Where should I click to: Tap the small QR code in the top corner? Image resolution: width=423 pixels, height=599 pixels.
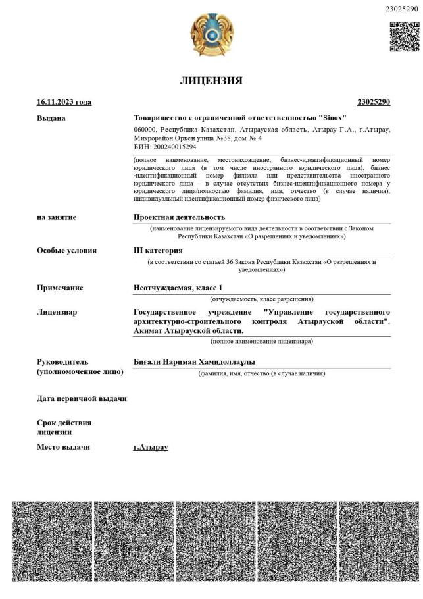pyautogui.click(x=403, y=36)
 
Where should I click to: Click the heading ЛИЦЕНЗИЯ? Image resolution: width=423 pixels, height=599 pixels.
pyautogui.click(x=211, y=81)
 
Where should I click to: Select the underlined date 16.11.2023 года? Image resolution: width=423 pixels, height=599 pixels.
pyautogui.click(x=64, y=102)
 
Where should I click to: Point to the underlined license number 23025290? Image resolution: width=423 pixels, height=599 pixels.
pyautogui.click(x=374, y=102)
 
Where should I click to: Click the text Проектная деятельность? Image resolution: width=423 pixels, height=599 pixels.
pyautogui.click(x=179, y=217)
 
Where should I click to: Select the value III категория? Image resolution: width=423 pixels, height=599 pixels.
pyautogui.click(x=158, y=251)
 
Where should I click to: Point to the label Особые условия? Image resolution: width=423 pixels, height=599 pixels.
pyautogui.click(x=66, y=251)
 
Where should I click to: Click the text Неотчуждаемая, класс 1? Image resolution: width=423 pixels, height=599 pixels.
pyautogui.click(x=178, y=288)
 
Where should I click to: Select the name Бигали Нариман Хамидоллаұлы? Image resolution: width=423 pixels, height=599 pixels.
pyautogui.click(x=194, y=362)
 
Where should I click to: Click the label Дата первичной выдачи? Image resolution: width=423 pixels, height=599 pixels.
pyautogui.click(x=82, y=399)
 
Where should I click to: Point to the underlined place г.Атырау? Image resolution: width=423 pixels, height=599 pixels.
pyautogui.click(x=151, y=447)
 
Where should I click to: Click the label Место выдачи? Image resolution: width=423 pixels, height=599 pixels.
pyautogui.click(x=63, y=447)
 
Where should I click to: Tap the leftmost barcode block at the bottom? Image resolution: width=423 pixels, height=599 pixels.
pyautogui.click(x=52, y=541)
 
